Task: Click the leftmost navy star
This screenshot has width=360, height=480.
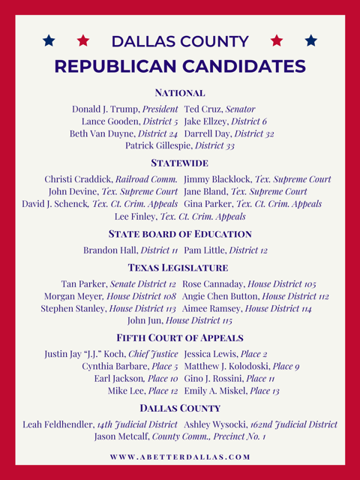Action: [x=49, y=40]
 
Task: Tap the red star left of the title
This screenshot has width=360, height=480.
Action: [x=83, y=40]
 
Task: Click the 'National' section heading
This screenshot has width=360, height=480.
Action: [x=180, y=93]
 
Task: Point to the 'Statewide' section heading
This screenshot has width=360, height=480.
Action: [x=180, y=163]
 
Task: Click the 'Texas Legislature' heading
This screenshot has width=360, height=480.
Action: [x=180, y=267]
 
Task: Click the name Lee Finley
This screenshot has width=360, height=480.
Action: [x=135, y=216]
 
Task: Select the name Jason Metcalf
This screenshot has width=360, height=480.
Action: [x=121, y=436]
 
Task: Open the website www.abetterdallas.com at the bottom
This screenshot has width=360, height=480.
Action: [x=180, y=457]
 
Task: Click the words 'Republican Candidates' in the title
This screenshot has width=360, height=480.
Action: [x=180, y=66]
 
